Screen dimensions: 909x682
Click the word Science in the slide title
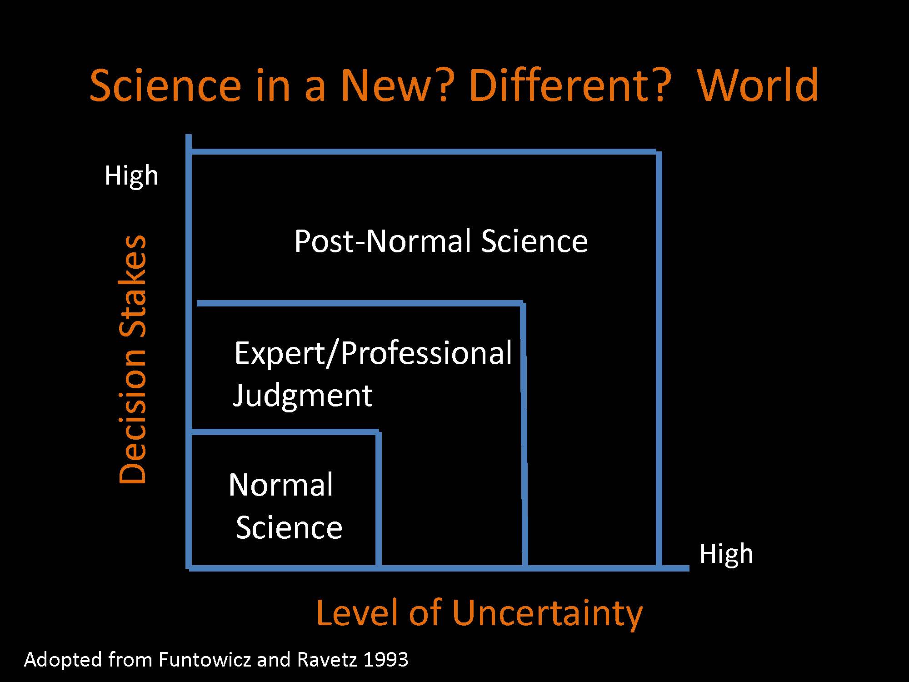point(165,85)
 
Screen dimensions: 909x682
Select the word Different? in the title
point(571,85)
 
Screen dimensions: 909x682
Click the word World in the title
point(758,85)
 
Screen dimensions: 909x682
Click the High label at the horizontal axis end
point(726,553)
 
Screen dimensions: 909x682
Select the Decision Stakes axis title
point(133,359)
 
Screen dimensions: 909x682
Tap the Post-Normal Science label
point(441,241)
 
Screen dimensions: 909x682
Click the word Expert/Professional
point(373,353)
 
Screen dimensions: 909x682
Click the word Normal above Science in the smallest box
point(281,485)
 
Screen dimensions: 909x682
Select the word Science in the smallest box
point(289,527)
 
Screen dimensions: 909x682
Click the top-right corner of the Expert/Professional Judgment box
point(523,303)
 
